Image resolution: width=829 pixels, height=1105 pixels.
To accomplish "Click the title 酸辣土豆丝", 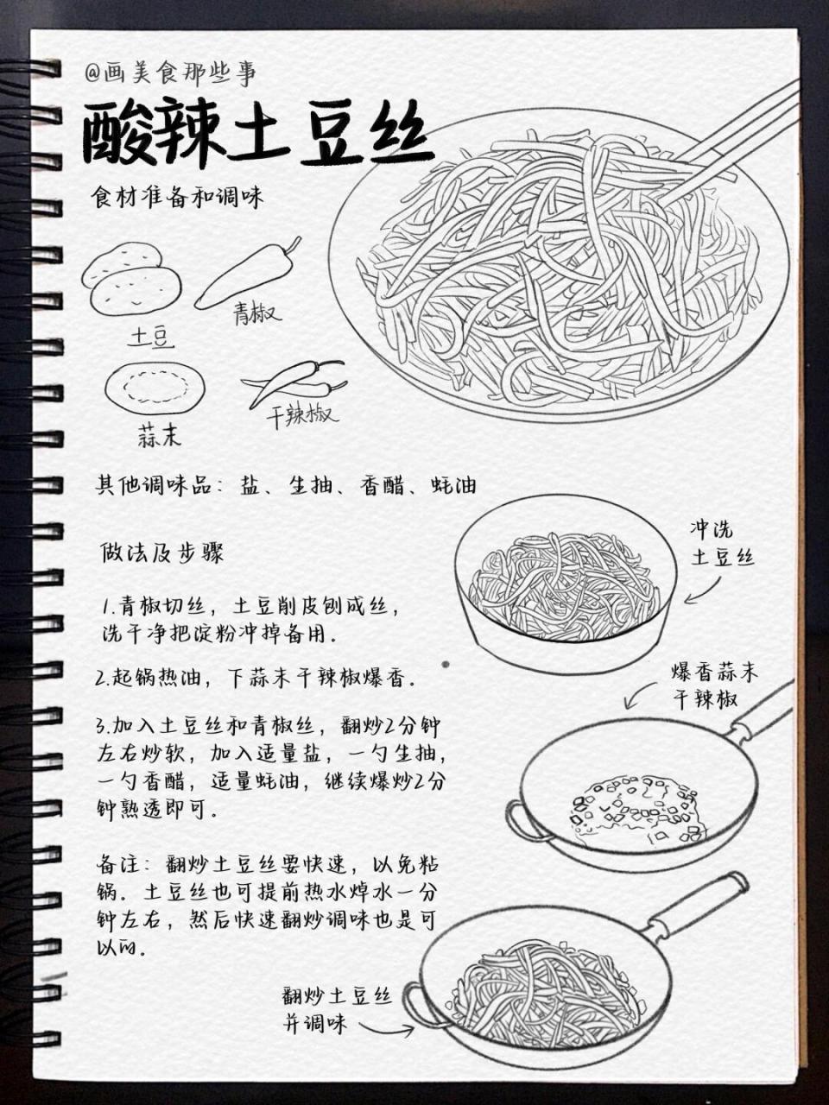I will (x=256, y=136).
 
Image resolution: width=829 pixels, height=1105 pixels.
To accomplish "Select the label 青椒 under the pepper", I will (x=256, y=313).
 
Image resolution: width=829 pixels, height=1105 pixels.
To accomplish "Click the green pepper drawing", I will (x=247, y=274).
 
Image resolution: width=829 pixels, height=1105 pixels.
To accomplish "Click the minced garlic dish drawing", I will (x=155, y=391).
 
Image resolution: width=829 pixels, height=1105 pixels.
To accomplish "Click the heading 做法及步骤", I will (x=163, y=552).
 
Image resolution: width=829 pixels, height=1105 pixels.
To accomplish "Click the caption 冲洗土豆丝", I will (x=721, y=543).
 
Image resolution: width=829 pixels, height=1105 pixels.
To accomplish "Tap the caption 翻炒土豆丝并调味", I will (x=337, y=1009).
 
